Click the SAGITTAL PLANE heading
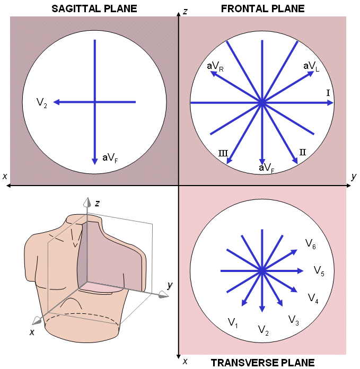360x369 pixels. [x=94, y=8]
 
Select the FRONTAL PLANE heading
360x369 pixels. [x=263, y=8]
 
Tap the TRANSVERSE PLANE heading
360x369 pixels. [x=263, y=363]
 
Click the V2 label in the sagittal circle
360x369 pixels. [x=42, y=102]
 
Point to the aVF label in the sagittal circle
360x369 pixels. [x=110, y=157]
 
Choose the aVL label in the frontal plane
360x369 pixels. [x=311, y=66]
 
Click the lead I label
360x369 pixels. [x=328, y=93]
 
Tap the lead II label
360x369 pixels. [x=303, y=152]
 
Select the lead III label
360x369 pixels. [x=223, y=153]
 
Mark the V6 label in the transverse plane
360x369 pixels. [x=311, y=243]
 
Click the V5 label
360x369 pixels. [x=319, y=271]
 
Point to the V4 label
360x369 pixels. [x=313, y=297]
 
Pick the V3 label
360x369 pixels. [x=294, y=319]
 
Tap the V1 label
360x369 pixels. [x=233, y=322]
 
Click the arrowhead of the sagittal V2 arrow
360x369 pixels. [x=56, y=102]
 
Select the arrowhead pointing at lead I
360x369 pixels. [x=330, y=103]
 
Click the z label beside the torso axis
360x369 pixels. [x=98, y=203]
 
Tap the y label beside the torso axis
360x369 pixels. [x=170, y=285]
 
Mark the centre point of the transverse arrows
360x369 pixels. [x=261, y=271]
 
